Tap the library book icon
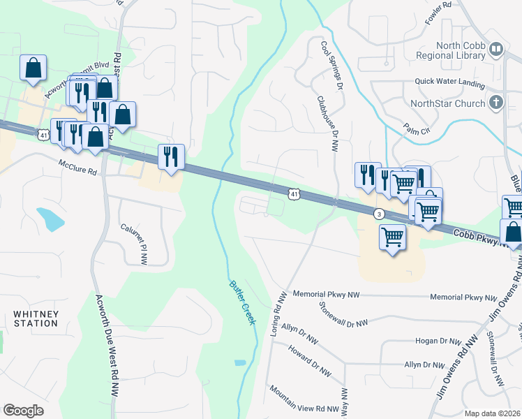tap(495, 50)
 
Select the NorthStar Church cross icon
tap(495, 103)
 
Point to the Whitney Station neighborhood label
tap(35, 318)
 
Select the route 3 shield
tap(379, 214)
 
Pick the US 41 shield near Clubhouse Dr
tap(294, 193)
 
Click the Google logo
tap(23, 411)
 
